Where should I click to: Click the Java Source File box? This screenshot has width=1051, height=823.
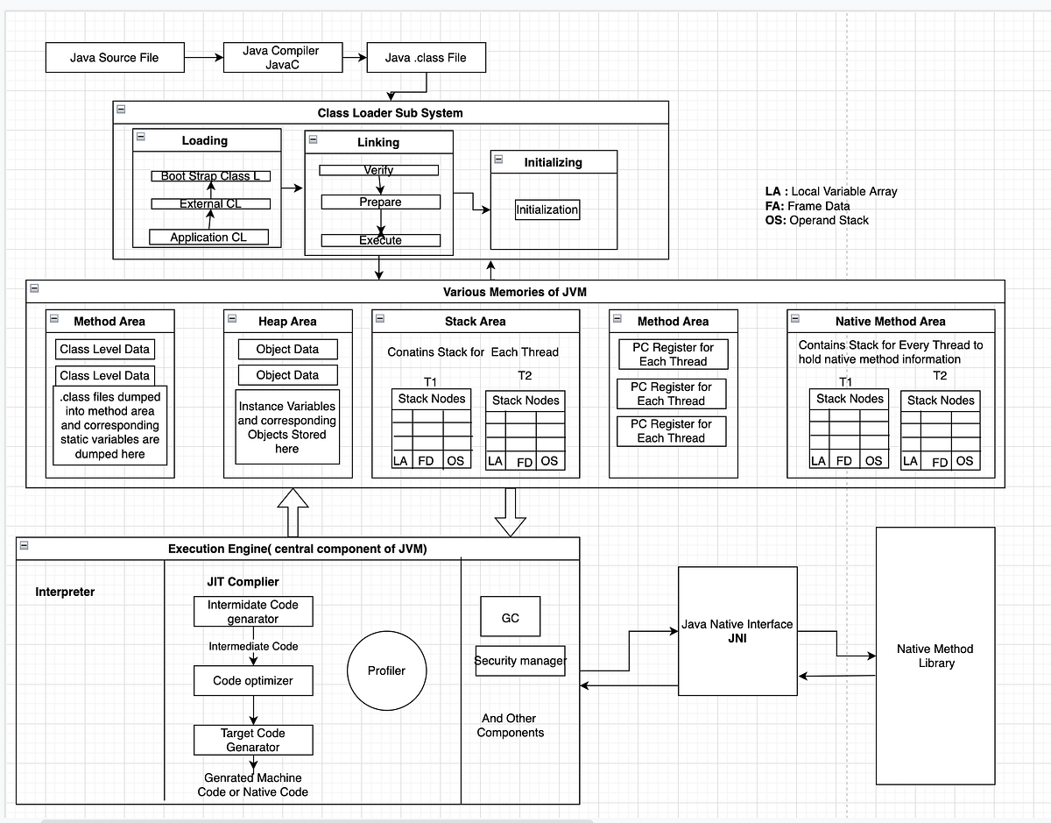tap(115, 58)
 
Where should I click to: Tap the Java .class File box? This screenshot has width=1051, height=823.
tap(426, 58)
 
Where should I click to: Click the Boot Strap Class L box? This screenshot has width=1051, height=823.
tap(210, 176)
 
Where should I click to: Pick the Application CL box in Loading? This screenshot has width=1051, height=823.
tap(208, 237)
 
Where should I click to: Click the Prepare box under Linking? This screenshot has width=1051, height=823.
tap(380, 202)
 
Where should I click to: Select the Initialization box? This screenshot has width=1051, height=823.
tap(547, 210)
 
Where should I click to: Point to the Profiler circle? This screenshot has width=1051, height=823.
tap(386, 670)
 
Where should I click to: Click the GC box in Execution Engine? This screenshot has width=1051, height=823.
tap(510, 618)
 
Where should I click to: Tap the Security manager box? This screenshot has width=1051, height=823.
tap(519, 661)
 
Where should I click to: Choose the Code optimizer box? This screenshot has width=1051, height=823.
tap(253, 681)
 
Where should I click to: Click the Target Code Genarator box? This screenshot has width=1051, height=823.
tap(253, 740)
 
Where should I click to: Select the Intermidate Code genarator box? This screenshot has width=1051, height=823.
tap(253, 612)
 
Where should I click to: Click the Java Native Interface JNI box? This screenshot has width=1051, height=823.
tap(737, 631)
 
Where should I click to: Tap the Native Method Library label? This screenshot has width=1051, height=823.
tap(935, 656)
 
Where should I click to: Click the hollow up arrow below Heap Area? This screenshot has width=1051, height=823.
tap(293, 512)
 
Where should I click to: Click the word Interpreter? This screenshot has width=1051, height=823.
tap(65, 592)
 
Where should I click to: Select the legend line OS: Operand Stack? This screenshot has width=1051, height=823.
tap(816, 220)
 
